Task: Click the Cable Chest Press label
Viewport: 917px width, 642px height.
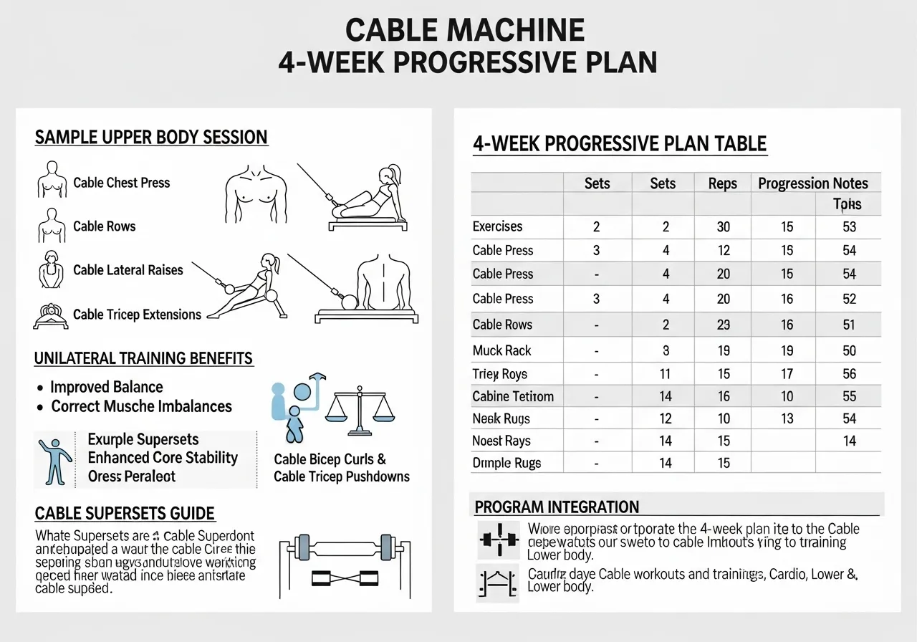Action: tap(122, 183)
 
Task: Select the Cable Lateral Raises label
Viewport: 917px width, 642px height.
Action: tap(128, 270)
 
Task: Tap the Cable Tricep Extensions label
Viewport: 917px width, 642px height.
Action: tap(138, 315)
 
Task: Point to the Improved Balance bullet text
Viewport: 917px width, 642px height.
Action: tap(107, 387)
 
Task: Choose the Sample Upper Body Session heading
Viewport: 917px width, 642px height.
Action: tap(151, 138)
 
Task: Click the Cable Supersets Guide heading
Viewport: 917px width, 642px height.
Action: tap(125, 513)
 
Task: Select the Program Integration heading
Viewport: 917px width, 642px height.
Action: tap(557, 507)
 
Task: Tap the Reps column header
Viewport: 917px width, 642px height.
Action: tap(722, 183)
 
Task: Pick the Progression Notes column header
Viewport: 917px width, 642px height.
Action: tap(813, 183)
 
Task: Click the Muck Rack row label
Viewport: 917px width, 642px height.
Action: tap(501, 350)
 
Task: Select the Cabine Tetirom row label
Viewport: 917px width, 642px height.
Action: tap(513, 396)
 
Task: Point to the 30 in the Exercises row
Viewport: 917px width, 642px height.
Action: tap(724, 227)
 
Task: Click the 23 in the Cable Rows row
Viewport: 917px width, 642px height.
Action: tap(724, 325)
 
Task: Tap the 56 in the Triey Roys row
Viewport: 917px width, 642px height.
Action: tap(850, 373)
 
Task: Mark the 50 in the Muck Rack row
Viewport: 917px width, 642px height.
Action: tap(850, 350)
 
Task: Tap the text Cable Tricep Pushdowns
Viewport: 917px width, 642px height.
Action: tap(342, 476)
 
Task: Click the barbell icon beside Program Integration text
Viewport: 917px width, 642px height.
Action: tap(496, 539)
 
